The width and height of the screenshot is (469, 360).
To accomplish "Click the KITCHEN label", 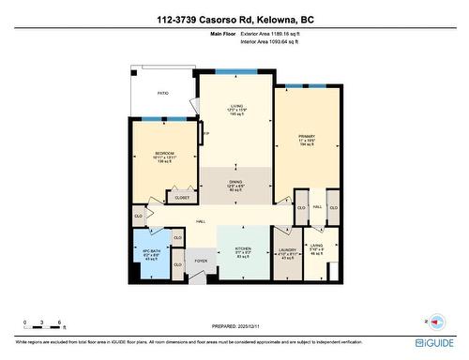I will coord(243,247).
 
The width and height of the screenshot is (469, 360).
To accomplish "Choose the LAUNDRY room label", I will coord(288,249).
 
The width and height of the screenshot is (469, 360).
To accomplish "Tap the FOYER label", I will coord(201,260).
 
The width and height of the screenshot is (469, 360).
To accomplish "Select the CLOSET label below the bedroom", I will coord(182,198).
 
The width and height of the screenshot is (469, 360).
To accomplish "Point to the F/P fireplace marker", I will coord(205,135).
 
